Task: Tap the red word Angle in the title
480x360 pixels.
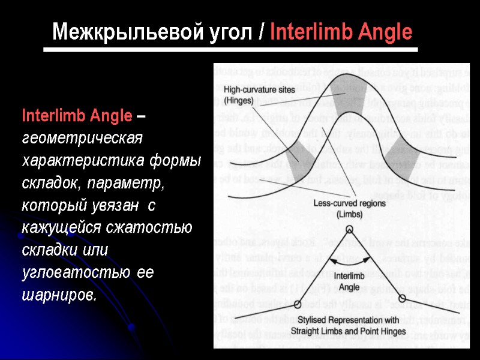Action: point(383,31)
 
